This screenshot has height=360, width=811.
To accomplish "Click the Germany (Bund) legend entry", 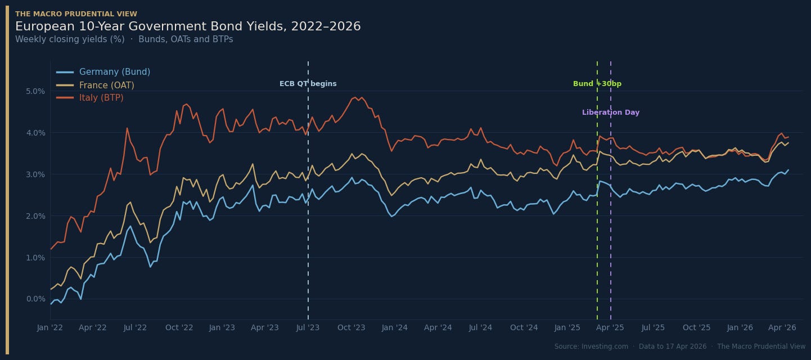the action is (x=103, y=71).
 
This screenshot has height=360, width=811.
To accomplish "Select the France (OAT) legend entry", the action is (x=95, y=85).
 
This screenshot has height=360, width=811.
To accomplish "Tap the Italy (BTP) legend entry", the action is (x=90, y=98).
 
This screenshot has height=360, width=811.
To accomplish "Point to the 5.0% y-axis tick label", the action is (x=35, y=91).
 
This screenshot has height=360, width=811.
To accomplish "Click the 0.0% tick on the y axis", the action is (x=35, y=299).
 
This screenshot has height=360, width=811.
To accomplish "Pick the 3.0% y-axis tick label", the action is (x=35, y=174).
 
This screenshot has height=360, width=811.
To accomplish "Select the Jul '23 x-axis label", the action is (x=308, y=328).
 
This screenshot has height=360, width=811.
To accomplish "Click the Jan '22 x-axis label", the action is (x=50, y=328).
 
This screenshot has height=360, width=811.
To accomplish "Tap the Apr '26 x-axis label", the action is (x=782, y=328).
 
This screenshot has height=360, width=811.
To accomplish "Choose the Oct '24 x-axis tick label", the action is (x=524, y=328).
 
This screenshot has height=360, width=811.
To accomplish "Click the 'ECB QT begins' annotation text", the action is (x=308, y=84).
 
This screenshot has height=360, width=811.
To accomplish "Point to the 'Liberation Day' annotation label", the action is (x=611, y=112).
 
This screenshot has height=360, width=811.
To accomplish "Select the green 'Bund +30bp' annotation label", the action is (x=597, y=84).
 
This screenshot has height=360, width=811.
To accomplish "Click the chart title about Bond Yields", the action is (x=188, y=26).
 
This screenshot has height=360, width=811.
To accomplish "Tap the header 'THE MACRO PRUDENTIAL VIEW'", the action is (x=76, y=13).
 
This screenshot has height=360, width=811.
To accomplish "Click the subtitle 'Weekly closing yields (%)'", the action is (x=70, y=39).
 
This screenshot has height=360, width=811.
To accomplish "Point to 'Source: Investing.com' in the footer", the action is (x=591, y=346).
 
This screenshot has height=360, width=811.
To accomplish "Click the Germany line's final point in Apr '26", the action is (x=788, y=170).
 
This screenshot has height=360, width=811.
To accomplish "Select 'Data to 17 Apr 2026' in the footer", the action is (x=673, y=346).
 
